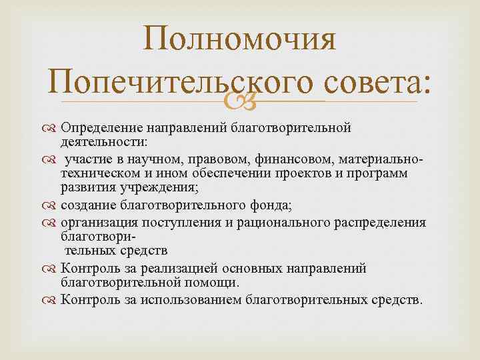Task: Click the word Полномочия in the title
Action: [240, 39]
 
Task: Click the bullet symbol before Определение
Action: [51, 127]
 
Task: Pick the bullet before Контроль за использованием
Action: [51, 299]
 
